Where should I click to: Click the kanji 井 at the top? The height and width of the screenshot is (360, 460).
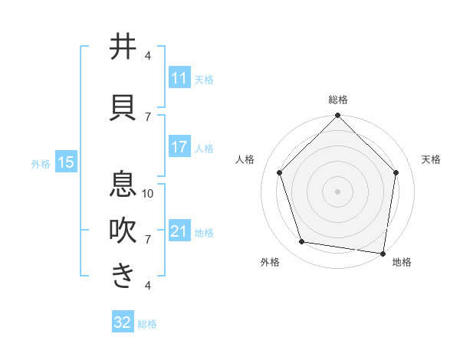[123, 47]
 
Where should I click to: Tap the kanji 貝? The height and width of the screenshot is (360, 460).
[123, 107]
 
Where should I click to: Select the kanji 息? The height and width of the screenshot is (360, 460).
[123, 185]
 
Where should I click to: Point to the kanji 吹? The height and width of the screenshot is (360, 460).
[123, 231]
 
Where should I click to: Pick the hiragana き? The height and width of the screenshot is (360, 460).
[123, 276]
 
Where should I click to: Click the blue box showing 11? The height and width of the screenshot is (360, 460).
[179, 78]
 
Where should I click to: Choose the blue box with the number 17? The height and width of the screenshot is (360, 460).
[179, 147]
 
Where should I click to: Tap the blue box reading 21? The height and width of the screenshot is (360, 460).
[179, 231]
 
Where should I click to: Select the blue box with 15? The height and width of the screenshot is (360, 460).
[65, 162]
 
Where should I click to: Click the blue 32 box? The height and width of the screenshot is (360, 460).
[123, 322]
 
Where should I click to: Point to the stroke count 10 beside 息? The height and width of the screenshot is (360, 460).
[148, 193]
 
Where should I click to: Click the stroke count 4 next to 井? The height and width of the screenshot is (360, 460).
[148, 55]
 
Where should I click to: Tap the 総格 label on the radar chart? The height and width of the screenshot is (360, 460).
[338, 100]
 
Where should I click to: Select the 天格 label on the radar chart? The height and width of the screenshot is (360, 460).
[431, 159]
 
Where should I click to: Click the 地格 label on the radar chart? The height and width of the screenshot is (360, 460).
[402, 262]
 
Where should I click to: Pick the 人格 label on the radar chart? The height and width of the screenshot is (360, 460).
[245, 159]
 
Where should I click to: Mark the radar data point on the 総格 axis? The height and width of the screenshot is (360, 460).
[337, 116]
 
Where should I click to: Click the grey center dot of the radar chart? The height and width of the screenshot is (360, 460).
[337, 191]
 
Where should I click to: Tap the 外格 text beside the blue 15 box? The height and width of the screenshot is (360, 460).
[41, 163]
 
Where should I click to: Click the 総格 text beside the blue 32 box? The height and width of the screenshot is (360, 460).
[147, 323]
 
